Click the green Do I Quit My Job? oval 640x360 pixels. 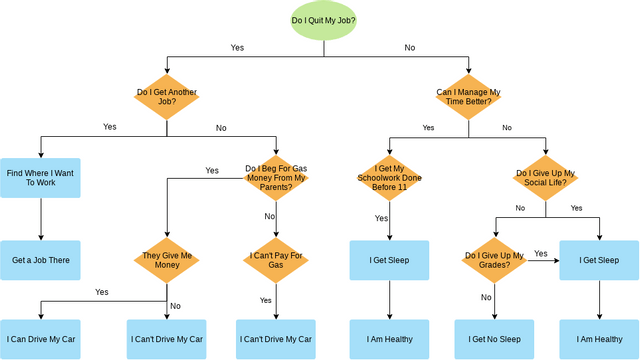(x=323, y=20)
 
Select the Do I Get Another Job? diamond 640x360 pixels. (x=166, y=98)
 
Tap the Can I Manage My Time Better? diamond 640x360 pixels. (x=468, y=98)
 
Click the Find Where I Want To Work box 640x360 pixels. (x=40, y=178)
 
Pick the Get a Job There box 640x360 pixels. (x=40, y=260)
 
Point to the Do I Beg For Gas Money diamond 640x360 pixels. (x=275, y=178)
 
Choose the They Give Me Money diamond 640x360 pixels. (x=166, y=260)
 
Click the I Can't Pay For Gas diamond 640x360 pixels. (x=275, y=260)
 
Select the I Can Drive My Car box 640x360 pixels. (x=40, y=339)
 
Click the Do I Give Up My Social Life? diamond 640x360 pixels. (x=546, y=178)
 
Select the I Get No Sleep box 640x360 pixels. (x=494, y=339)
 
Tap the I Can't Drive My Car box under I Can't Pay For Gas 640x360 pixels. (x=275, y=339)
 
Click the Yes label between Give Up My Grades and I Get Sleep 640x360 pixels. (x=541, y=254)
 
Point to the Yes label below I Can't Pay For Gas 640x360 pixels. (x=266, y=300)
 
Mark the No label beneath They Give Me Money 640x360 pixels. (x=175, y=305)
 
